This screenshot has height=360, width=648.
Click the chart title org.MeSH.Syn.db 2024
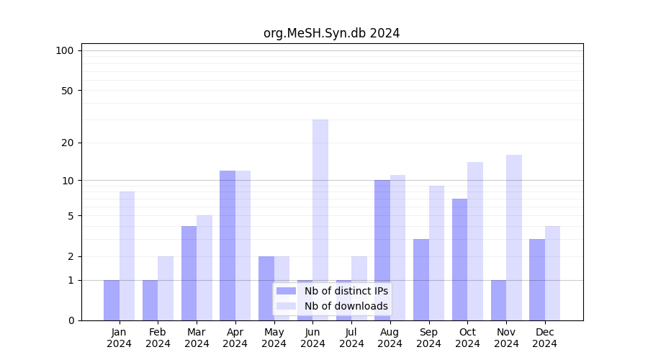331,33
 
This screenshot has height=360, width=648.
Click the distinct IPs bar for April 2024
228,245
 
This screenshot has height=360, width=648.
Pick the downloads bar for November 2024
514,238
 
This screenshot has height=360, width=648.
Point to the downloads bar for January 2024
127,256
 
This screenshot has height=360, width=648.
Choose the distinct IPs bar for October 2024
459,259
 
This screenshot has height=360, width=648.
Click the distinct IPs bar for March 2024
189,273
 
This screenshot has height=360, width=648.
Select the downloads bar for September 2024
436,253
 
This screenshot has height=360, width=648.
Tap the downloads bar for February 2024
166,288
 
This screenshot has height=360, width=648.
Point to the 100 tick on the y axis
65,50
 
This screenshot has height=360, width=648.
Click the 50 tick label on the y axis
68,91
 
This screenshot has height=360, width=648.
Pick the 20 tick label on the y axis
68,143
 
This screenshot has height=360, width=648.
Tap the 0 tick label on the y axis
71,320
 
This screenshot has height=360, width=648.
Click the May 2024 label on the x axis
274,338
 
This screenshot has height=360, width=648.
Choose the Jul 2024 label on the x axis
351,338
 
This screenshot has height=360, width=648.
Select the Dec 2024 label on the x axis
545,338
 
